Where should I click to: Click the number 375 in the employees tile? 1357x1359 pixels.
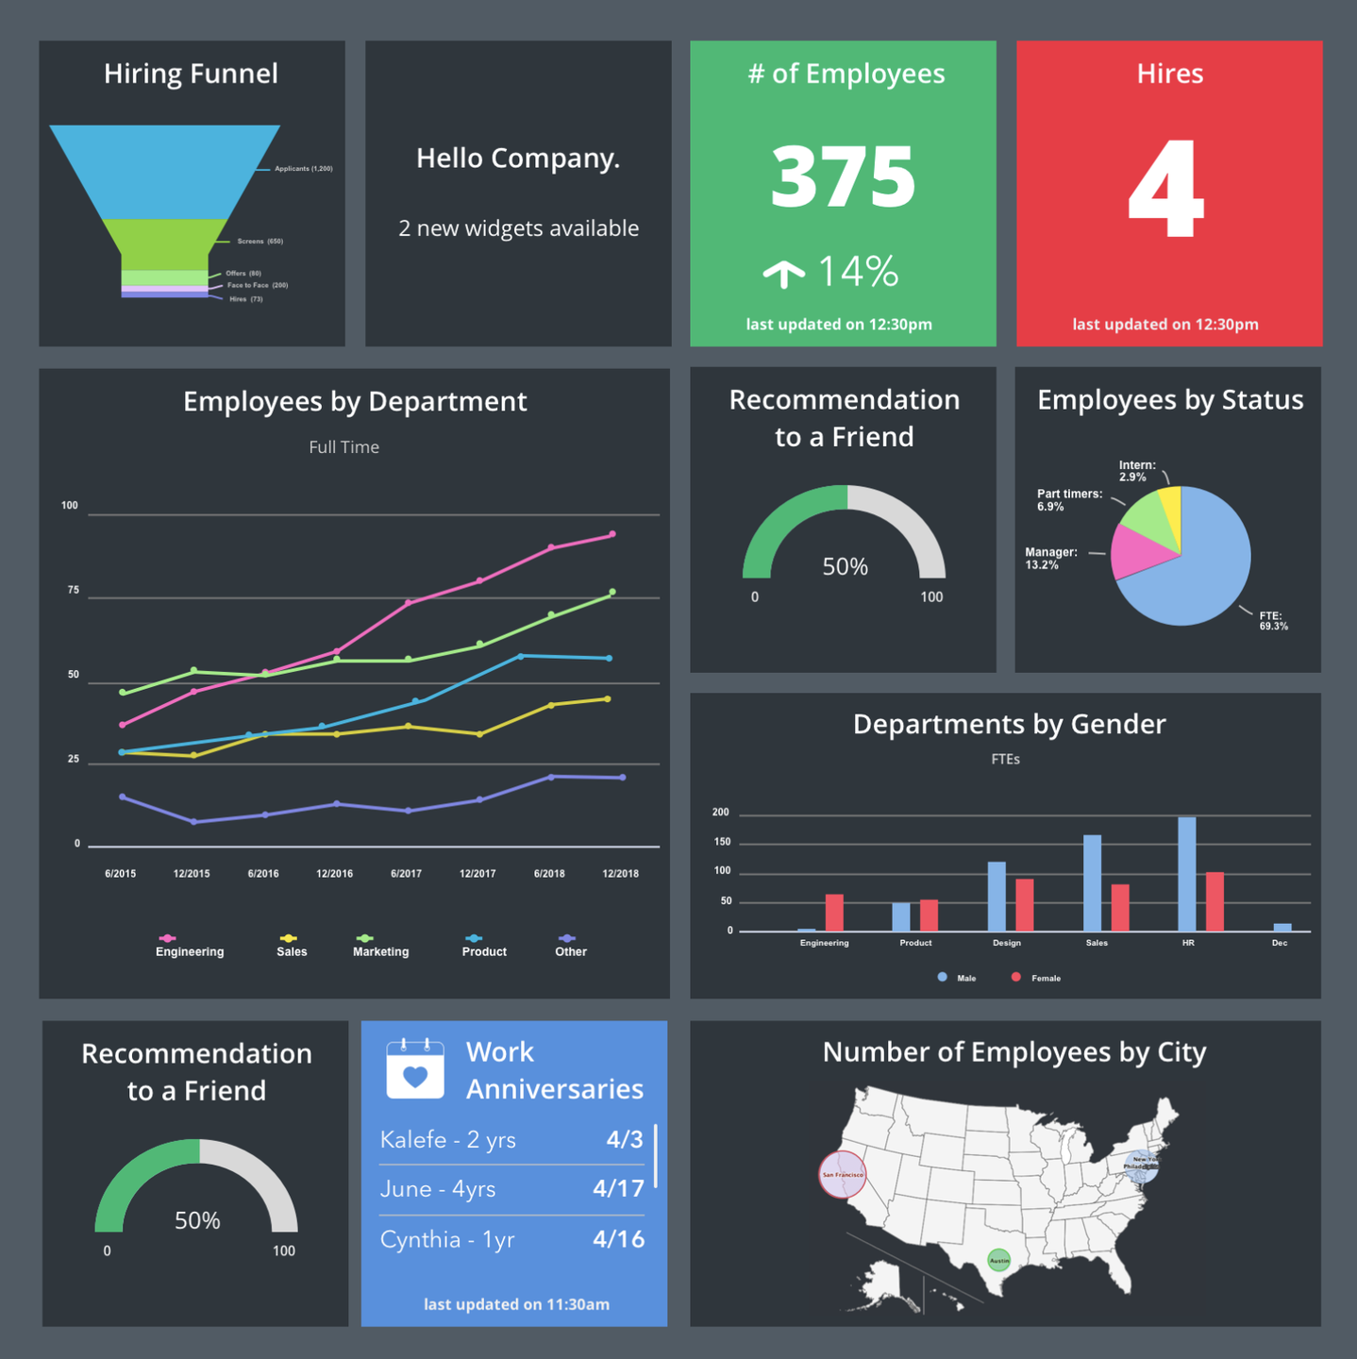pos(843,176)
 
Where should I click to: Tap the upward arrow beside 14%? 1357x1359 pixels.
pos(783,274)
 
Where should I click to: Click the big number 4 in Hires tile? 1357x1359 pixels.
pos(1167,189)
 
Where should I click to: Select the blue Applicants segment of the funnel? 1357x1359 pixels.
pos(165,170)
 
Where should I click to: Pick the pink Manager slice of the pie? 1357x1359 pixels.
pos(1137,553)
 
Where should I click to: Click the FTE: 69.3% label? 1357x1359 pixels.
pos(1272,621)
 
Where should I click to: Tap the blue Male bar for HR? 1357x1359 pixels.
pos(1186,873)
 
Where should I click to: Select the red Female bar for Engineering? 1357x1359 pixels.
pos(834,912)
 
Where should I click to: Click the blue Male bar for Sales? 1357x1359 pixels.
pos(1092,882)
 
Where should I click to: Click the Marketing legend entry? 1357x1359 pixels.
pos(380,951)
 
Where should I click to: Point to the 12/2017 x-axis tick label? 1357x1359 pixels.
pos(477,874)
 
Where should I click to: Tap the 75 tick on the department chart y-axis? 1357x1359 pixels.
pos(74,590)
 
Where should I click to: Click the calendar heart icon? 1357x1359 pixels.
pos(415,1070)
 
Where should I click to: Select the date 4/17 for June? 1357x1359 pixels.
pos(618,1189)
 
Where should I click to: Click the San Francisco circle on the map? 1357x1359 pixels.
pos(842,1175)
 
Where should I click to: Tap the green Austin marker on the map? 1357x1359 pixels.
pos(998,1260)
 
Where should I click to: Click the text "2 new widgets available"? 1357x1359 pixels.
pos(518,228)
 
